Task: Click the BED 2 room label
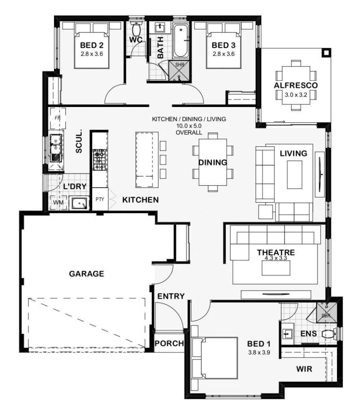point(91,45)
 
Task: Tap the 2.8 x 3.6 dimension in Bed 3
point(224,54)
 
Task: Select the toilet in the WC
point(136,29)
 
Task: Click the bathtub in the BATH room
point(181,41)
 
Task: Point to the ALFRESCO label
point(296,86)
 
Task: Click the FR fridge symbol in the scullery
point(58,118)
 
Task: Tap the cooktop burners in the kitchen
point(100,160)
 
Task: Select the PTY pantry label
point(100,199)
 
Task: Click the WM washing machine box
point(58,203)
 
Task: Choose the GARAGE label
point(86,274)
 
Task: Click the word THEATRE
point(276,252)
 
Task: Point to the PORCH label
point(169,344)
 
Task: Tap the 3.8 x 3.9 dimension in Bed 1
point(259,353)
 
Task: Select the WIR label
point(304,369)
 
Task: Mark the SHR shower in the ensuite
point(326,312)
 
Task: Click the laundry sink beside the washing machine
point(78,203)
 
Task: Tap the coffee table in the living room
point(294,175)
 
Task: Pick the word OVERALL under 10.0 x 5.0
point(189,133)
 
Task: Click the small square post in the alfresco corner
point(326,53)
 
